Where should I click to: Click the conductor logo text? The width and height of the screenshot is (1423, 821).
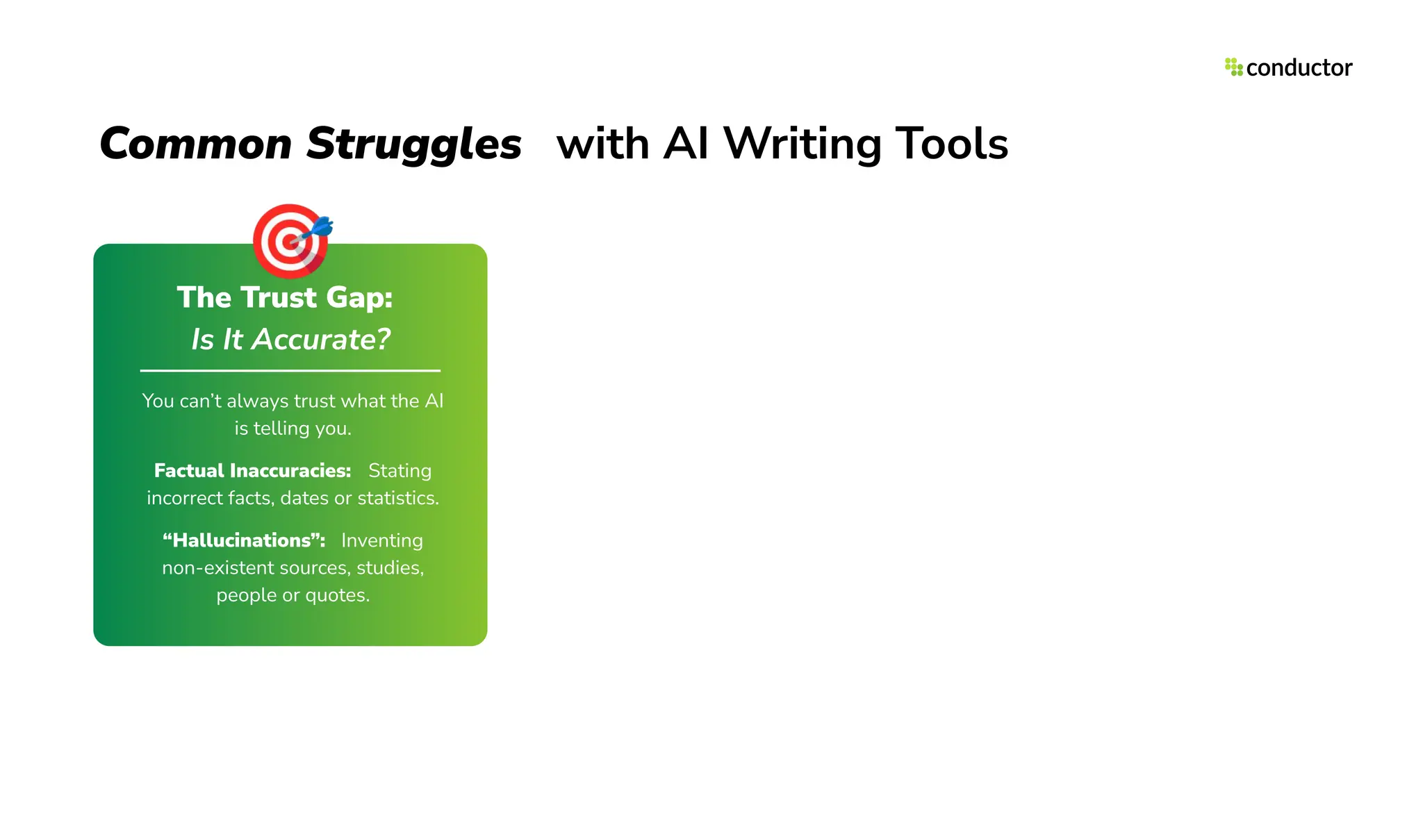pyautogui.click(x=1299, y=68)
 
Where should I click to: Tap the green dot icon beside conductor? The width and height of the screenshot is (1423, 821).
pyautogui.click(x=1233, y=67)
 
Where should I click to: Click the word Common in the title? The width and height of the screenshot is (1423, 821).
pyautogui.click(x=196, y=144)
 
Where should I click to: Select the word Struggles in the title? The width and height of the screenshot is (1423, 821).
pyautogui.click(x=413, y=144)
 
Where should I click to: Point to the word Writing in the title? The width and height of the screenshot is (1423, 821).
pyautogui.click(x=802, y=144)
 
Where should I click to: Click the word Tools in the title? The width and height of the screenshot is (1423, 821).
pyautogui.click(x=951, y=144)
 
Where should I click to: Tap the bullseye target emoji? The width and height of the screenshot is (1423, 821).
pyautogui.click(x=288, y=240)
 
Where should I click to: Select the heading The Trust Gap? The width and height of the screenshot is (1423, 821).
pyautogui.click(x=285, y=297)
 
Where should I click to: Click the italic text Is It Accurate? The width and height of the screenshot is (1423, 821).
pyautogui.click(x=290, y=340)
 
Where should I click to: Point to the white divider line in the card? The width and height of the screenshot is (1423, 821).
pyautogui.click(x=290, y=371)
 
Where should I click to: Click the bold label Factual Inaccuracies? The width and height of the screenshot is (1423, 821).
pyautogui.click(x=252, y=471)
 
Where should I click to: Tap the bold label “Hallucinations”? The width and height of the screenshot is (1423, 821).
pyautogui.click(x=244, y=540)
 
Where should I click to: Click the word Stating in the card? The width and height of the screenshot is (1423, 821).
pyautogui.click(x=400, y=471)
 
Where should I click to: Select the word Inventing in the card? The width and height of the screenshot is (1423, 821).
pyautogui.click(x=381, y=540)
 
